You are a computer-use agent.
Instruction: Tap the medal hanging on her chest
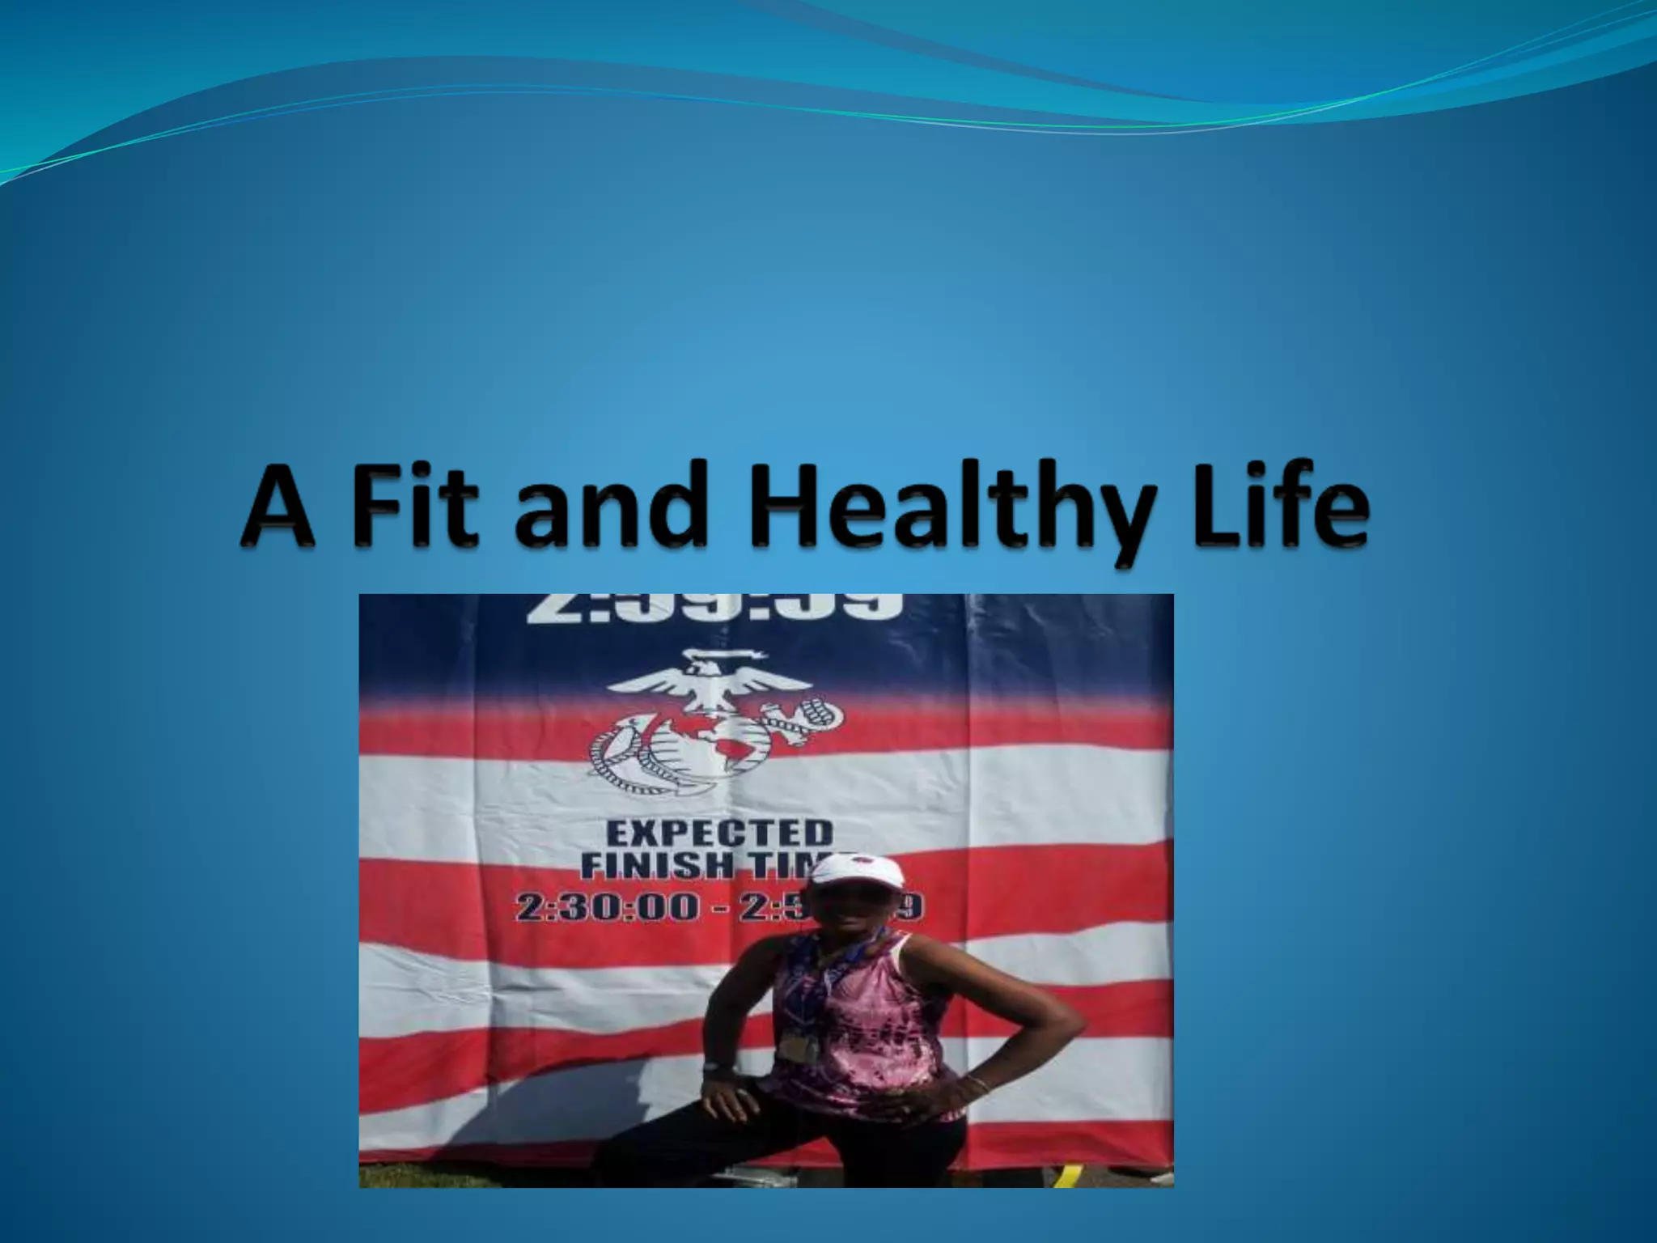pyautogui.click(x=798, y=1047)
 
